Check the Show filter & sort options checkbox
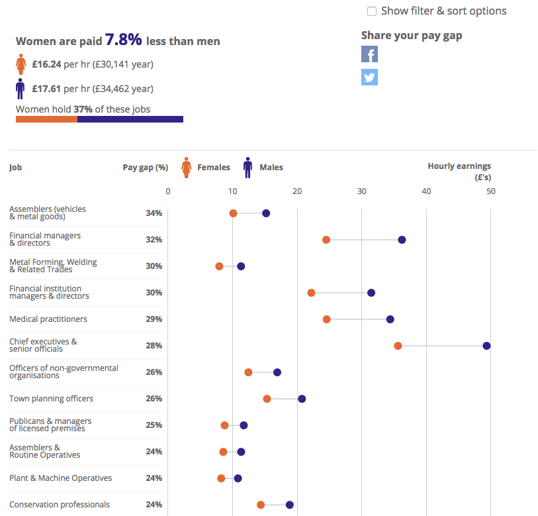click(372, 11)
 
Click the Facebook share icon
click(369, 54)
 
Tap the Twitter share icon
click(369, 77)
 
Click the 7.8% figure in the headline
click(123, 40)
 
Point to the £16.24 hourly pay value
click(47, 64)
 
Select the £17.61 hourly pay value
click(46, 89)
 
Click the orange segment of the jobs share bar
click(47, 119)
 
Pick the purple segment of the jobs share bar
click(130, 119)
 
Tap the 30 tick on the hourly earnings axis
click(361, 191)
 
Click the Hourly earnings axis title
click(459, 172)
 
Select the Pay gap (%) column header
click(146, 168)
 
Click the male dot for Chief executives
click(486, 346)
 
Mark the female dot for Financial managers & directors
click(326, 240)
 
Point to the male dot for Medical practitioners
click(390, 319)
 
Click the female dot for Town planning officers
click(267, 399)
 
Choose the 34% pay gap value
click(154, 213)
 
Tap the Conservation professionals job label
click(60, 504)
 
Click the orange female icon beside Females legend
click(187, 168)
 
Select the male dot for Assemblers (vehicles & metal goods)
click(266, 213)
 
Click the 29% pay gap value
click(154, 319)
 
